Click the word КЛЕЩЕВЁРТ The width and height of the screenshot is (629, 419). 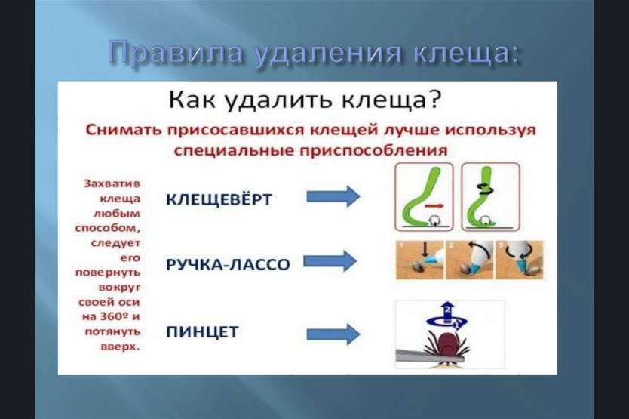pyautogui.click(x=219, y=199)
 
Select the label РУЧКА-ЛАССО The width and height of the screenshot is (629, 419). pyautogui.click(x=228, y=264)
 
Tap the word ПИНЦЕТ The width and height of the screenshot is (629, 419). pyautogui.click(x=202, y=332)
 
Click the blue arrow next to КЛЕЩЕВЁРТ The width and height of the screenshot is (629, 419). pyautogui.click(x=333, y=196)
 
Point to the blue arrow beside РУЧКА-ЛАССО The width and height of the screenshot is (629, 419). pyautogui.click(x=330, y=261)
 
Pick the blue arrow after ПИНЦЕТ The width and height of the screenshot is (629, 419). pyautogui.click(x=333, y=334)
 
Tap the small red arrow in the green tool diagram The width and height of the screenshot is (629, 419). pyautogui.click(x=434, y=206)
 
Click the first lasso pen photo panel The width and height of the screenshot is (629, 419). pyautogui.click(x=419, y=260)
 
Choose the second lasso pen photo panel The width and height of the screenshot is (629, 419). pyautogui.click(x=470, y=260)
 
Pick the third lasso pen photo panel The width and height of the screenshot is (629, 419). pyautogui.click(x=520, y=260)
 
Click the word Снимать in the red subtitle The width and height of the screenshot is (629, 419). pyautogui.click(x=124, y=131)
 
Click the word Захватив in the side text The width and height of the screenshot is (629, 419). pyautogui.click(x=112, y=183)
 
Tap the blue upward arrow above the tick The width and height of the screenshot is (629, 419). pyautogui.click(x=448, y=310)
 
